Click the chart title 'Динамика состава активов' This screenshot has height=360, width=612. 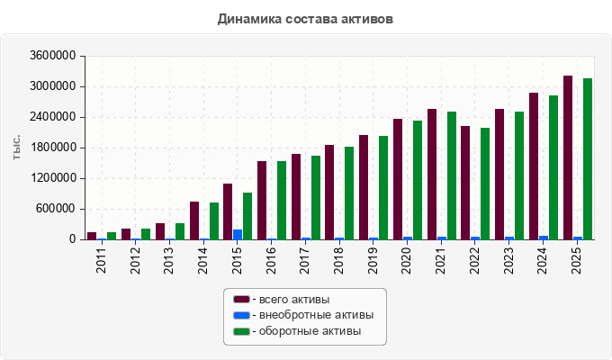(305, 19)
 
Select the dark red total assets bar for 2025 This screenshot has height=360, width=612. (568, 157)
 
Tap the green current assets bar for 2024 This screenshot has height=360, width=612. (553, 167)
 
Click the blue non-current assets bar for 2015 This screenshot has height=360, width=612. (238, 235)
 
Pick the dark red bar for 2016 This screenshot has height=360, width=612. (262, 201)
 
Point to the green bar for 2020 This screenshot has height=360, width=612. (418, 180)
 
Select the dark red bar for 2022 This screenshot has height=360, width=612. (465, 183)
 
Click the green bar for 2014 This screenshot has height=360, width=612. (214, 221)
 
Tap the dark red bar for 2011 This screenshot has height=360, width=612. (92, 236)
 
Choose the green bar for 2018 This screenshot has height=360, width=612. (349, 193)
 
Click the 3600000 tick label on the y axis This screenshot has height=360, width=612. (53, 56)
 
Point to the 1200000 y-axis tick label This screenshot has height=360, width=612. (53, 178)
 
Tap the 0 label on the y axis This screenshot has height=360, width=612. (73, 239)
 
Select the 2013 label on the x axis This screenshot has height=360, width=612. (168, 260)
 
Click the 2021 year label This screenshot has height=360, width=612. (441, 260)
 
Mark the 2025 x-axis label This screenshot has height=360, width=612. (576, 260)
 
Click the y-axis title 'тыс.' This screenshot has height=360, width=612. (16, 148)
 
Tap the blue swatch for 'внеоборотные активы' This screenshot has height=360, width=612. (241, 315)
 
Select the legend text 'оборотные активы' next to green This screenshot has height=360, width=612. (310, 331)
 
